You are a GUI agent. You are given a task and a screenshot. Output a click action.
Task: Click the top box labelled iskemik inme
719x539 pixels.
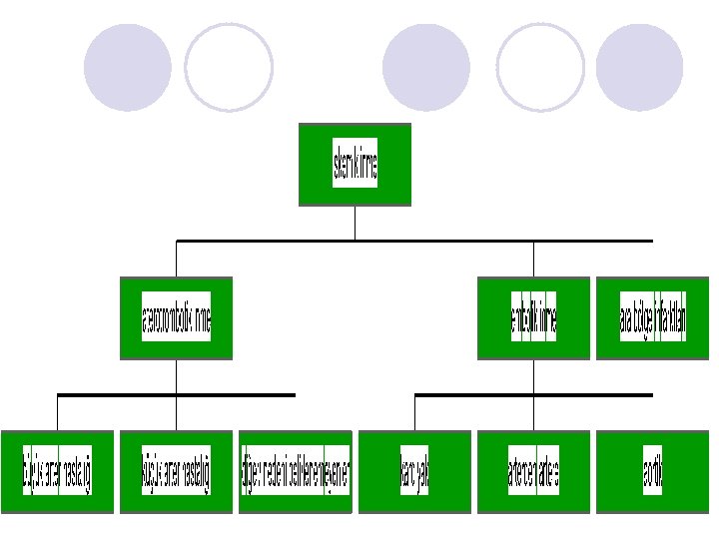(355, 165)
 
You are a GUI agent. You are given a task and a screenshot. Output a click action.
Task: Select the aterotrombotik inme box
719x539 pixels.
(176, 318)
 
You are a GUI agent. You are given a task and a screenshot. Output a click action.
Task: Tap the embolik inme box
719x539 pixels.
(533, 318)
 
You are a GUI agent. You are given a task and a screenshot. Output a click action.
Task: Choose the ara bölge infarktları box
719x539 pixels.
(652, 318)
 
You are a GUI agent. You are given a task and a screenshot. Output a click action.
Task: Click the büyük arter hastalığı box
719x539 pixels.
(57, 472)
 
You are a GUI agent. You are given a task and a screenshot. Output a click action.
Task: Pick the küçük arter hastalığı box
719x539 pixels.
(176, 472)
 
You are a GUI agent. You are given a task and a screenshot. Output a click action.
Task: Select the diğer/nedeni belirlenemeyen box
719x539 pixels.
(295, 472)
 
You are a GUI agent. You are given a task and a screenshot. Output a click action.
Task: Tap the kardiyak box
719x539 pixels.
(414, 472)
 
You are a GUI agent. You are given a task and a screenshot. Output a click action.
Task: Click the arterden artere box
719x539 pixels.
(533, 472)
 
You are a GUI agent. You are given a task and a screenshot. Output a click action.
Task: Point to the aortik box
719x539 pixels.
(652, 472)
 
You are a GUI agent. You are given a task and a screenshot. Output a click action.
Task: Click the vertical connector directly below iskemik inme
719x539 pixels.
(355, 223)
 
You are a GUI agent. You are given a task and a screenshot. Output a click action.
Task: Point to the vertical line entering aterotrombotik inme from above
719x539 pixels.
(176, 259)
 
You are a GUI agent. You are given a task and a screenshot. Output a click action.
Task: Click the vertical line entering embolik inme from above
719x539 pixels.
(533, 259)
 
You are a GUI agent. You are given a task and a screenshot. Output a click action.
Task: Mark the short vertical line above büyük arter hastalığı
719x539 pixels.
(57, 413)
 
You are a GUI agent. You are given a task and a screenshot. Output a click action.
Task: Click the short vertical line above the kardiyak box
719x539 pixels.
(414, 413)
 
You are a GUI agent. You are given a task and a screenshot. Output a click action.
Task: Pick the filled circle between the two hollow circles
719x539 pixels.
(426, 68)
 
